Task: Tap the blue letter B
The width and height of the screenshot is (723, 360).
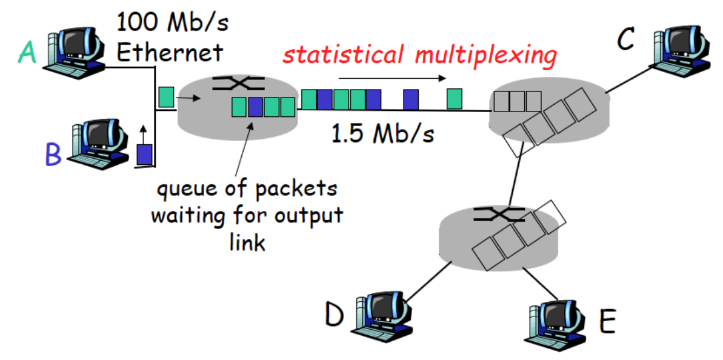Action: coord(53,156)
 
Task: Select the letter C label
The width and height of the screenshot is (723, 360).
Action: coord(625,39)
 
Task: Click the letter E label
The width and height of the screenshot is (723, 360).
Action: coord(607,322)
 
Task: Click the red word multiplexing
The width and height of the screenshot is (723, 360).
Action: coord(485,55)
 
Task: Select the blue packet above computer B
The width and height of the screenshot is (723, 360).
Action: coord(144,153)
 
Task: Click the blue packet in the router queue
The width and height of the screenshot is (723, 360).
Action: coord(255,107)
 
